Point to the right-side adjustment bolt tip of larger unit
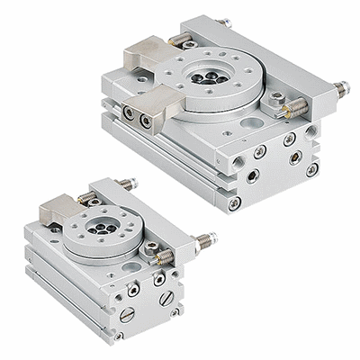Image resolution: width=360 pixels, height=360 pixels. [x=341, y=89]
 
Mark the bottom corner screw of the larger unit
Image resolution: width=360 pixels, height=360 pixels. [x=236, y=202]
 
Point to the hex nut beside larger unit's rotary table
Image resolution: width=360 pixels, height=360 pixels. [x=278, y=97]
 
